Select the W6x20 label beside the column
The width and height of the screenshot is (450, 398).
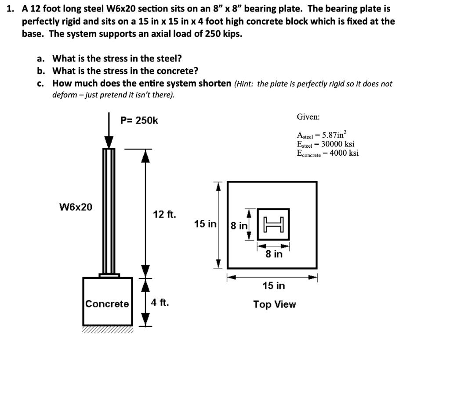pos(76,207)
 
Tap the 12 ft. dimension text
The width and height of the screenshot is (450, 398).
pos(164,215)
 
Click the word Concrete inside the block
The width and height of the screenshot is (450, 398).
pos(107,304)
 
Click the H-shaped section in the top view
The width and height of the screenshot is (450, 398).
pos(273,224)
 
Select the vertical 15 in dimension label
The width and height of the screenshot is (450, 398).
pos(205,224)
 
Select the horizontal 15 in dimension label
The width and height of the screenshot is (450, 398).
pos(273,286)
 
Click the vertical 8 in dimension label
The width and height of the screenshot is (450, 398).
pos(239,226)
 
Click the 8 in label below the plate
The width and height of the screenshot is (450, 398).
pos(274,254)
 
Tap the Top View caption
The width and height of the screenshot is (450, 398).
pos(274,304)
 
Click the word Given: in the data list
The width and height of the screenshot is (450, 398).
pos(308,117)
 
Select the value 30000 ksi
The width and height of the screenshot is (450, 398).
pos(337,144)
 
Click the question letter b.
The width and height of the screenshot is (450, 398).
pos(40,71)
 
